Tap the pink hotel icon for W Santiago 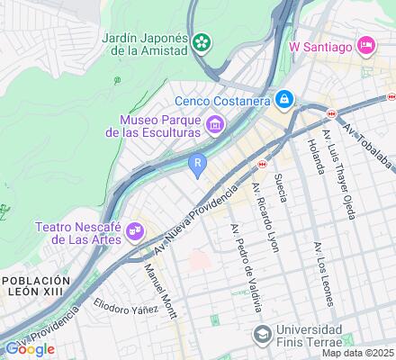(366, 44)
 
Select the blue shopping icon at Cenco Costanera (284, 99)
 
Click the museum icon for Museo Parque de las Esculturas (215, 125)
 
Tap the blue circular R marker (197, 163)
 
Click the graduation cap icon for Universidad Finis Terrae (261, 335)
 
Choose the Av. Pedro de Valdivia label (247, 265)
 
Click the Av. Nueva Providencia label (193, 220)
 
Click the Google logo (29, 349)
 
